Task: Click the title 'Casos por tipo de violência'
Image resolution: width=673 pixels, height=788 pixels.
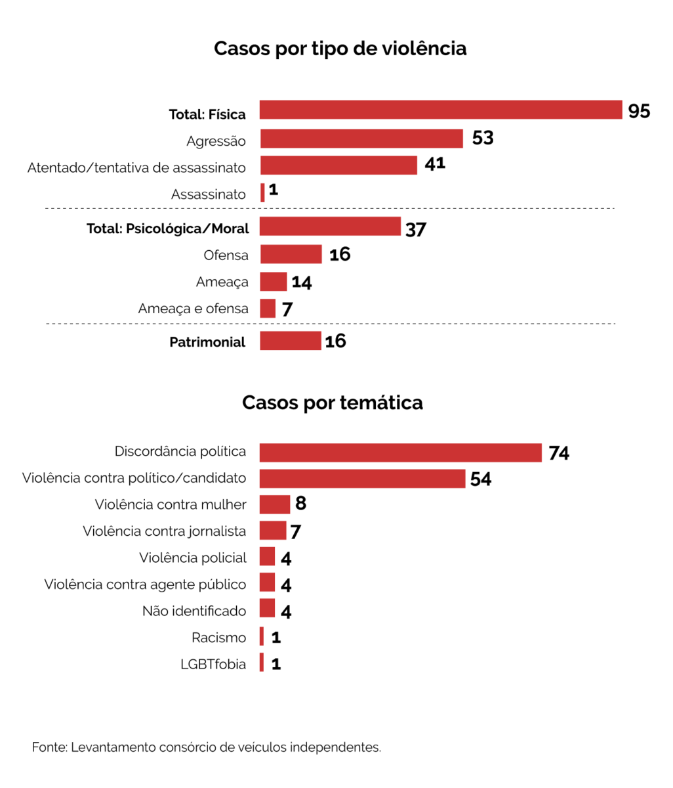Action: tap(340, 49)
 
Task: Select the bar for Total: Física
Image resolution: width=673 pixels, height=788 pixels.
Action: tap(440, 110)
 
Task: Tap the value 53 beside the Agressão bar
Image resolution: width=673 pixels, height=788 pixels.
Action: tap(483, 138)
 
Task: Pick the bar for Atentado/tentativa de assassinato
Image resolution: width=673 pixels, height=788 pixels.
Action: tap(338, 165)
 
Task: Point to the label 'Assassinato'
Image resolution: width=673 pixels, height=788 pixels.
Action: tap(209, 194)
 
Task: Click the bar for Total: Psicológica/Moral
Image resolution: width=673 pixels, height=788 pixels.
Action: tap(330, 227)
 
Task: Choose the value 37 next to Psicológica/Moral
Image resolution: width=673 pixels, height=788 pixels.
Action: tap(416, 229)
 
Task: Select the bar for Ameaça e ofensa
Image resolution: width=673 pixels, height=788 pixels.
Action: tap(268, 308)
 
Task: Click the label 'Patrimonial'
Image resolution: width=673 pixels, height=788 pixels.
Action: tap(207, 342)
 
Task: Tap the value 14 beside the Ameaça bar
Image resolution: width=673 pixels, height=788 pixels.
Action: tap(302, 282)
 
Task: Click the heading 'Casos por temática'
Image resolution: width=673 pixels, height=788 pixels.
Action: tap(332, 403)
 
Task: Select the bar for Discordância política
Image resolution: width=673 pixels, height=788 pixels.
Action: tap(400, 452)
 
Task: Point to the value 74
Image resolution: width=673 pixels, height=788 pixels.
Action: tap(559, 453)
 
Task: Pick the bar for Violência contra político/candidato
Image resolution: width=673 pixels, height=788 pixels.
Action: tap(362, 479)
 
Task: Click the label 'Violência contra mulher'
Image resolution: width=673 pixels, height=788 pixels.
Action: tap(171, 505)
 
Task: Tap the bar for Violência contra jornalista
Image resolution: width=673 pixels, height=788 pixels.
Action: tap(273, 531)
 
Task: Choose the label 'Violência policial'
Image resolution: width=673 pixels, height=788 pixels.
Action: tap(193, 558)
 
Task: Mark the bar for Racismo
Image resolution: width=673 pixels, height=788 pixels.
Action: tap(262, 636)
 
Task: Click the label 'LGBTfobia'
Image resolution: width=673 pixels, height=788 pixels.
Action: tap(213, 665)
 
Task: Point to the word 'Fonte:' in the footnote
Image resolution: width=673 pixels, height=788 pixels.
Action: tap(49, 747)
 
